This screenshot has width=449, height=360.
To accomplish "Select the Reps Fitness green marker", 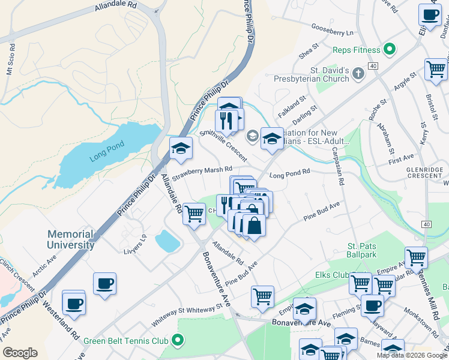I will pos(389,50).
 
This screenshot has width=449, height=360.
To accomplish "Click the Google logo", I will pos(20,353).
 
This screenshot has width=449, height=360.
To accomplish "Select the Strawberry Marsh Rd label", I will pos(202,173).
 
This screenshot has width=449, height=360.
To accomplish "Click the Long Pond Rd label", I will pos(289,173).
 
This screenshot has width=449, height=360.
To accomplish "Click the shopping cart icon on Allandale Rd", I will pos(194,213).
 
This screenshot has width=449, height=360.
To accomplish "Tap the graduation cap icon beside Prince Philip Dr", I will pos(180,148).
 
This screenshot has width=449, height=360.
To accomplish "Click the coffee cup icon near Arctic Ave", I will pos(104,283).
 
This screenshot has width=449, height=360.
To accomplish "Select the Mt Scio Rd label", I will pos(10,59).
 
